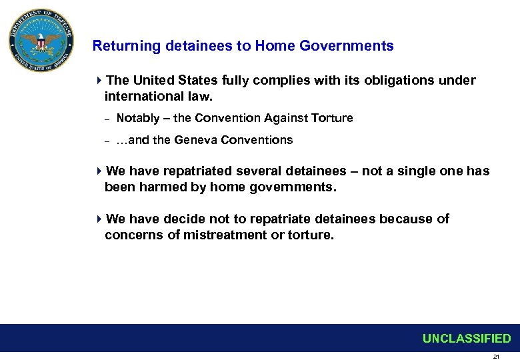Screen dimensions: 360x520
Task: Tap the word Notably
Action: tap(138, 118)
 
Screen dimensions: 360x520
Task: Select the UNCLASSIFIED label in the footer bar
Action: tap(466, 339)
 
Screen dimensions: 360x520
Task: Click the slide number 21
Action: tap(496, 357)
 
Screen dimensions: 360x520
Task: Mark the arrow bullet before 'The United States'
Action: tap(99, 81)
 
